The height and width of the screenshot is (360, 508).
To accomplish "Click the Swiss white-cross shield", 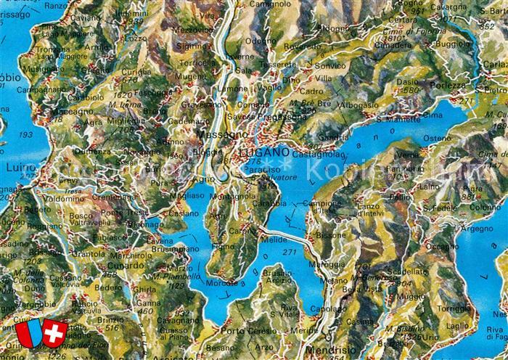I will (54, 332).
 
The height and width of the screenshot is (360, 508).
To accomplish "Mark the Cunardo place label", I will (107, 265).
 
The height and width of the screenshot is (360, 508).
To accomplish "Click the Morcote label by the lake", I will (221, 283).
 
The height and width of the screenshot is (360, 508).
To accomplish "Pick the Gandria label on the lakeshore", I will (333, 136).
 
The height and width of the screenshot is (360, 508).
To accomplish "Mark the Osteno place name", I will (437, 137).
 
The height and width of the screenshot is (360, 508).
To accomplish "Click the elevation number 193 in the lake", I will (26, 135).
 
